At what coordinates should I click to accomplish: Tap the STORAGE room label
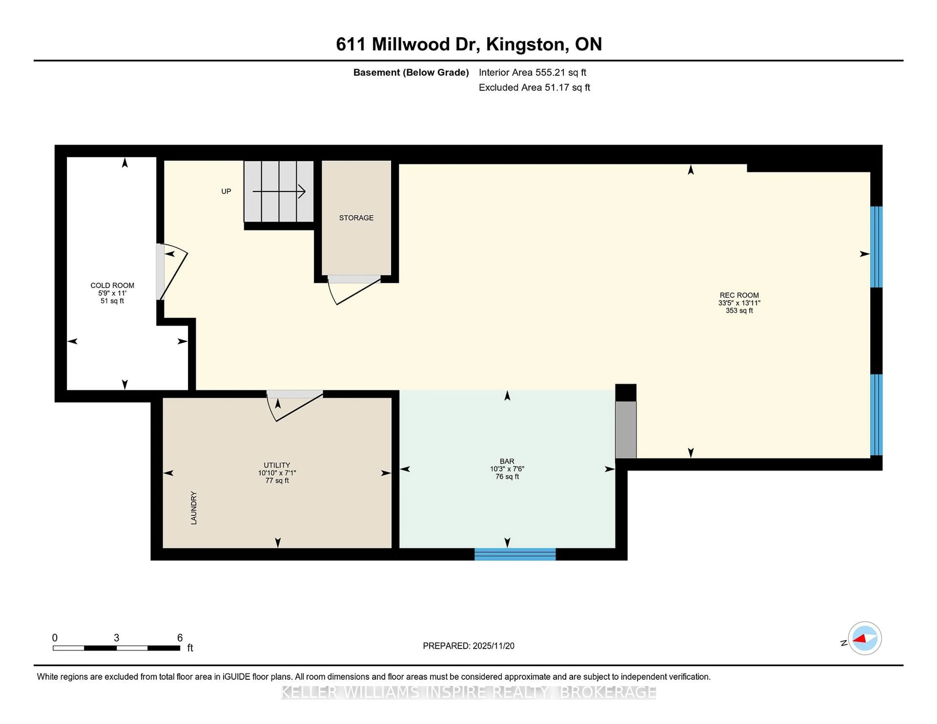[356, 218]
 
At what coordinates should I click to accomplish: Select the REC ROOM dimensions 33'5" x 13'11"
[739, 303]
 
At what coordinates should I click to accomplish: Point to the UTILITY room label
[277, 465]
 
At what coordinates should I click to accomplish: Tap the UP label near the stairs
[226, 191]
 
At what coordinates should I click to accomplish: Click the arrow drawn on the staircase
[279, 191]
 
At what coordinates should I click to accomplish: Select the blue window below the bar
[515, 554]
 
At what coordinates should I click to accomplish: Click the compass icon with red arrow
[865, 638]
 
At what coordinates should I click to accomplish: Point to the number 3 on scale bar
[116, 638]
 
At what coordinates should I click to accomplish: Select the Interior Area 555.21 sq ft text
[532, 72]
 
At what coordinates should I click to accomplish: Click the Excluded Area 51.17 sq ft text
[534, 88]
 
